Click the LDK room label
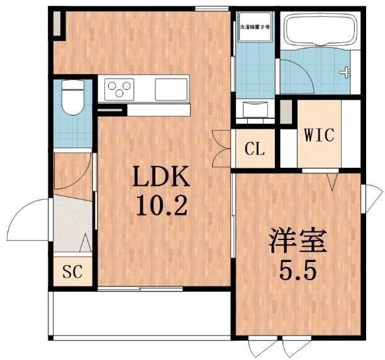[160, 179]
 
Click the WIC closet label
[320, 134]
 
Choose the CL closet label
[255, 150]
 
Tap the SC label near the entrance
[72, 273]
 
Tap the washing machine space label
[254, 28]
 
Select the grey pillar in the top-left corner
[58, 24]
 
